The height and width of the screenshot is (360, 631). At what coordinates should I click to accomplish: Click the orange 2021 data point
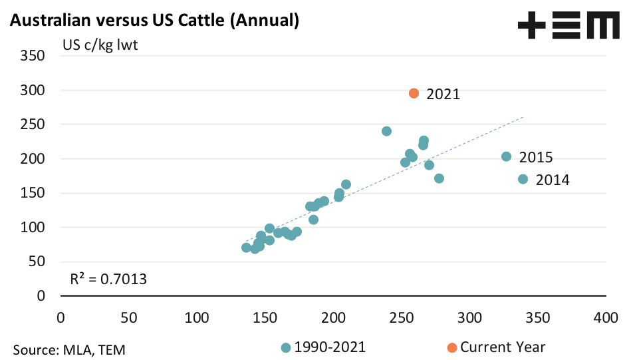tap(414, 93)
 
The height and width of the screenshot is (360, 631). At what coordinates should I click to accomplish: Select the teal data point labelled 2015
tap(506, 156)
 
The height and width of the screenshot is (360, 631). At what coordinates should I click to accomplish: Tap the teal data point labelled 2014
tap(523, 179)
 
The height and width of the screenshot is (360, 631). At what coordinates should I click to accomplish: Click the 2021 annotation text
tap(443, 94)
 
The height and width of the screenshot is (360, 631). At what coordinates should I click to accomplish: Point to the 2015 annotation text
tap(536, 158)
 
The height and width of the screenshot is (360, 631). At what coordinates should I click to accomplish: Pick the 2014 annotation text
tap(553, 180)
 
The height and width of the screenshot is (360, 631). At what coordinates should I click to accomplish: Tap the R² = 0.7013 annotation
tap(108, 279)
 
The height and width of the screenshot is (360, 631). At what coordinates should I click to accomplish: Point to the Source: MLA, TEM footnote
tap(69, 349)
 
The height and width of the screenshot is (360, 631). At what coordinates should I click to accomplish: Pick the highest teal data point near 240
tap(386, 131)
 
